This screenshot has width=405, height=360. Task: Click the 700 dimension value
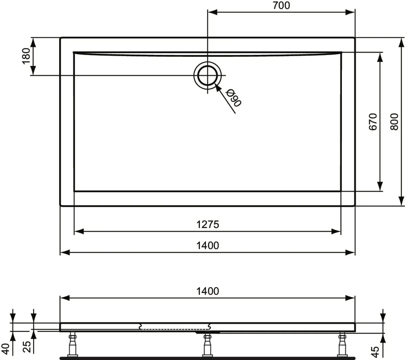click(x=281, y=5)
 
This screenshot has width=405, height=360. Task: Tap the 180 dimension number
click(x=26, y=56)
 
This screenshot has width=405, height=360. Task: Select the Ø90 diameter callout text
click(x=233, y=98)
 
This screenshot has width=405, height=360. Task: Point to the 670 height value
click(x=373, y=122)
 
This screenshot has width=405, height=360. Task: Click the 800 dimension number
click(x=395, y=122)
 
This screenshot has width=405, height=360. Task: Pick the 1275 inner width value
click(x=208, y=224)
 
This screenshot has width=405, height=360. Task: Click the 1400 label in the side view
click(x=208, y=291)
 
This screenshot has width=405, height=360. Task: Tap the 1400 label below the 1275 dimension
click(x=208, y=246)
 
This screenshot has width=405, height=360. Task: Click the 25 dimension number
click(x=27, y=347)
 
